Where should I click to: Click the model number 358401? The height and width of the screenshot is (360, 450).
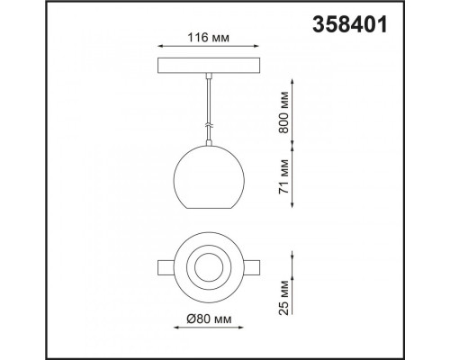pyautogui.click(x=350, y=24)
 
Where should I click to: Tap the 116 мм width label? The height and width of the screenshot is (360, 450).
pyautogui.click(x=208, y=38)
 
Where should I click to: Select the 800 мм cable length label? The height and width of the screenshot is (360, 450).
pyautogui.click(x=283, y=112)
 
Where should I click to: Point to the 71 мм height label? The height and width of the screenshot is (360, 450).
pyautogui.click(x=283, y=176)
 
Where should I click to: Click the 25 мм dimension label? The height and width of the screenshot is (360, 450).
pyautogui.click(x=283, y=298)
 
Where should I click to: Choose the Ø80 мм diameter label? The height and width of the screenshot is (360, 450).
pyautogui.click(x=209, y=319)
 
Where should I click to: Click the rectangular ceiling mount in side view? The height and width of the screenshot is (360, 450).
pyautogui.click(x=209, y=65)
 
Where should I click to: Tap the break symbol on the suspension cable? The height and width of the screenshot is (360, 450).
pyautogui.click(x=209, y=126)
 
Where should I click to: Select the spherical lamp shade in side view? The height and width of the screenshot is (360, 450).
pyautogui.click(x=209, y=177)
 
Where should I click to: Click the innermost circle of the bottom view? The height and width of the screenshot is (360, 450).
pyautogui.click(x=209, y=253)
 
